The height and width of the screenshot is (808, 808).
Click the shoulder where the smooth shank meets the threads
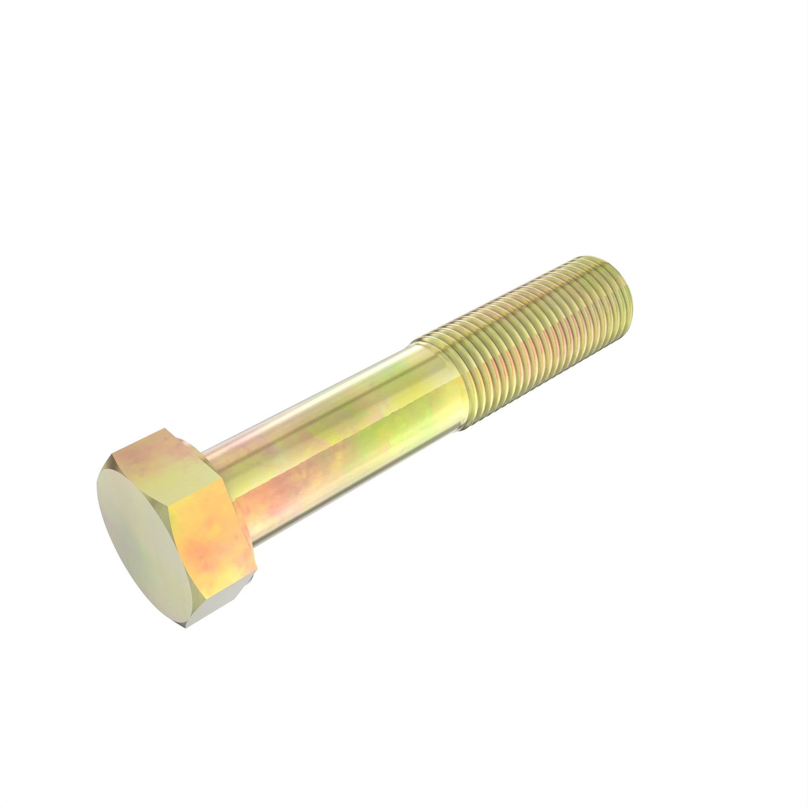(x=443, y=377)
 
